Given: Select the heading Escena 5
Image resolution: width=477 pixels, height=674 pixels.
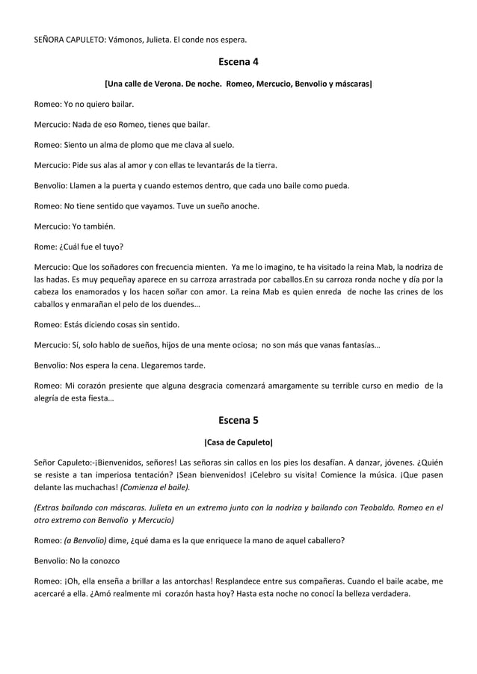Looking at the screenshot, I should pyautogui.click(x=238, y=420).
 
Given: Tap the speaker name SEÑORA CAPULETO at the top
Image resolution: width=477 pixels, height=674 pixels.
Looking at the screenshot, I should pyautogui.click(x=70, y=39).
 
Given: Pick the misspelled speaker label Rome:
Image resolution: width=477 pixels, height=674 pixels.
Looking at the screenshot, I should pyautogui.click(x=47, y=246).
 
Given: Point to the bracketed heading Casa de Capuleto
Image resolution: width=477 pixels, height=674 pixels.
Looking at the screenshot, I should pyautogui.click(x=238, y=442).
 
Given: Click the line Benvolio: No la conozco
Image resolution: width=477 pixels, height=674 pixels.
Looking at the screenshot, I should pyautogui.click(x=78, y=560).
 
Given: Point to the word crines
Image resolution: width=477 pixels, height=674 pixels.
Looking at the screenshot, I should pyautogui.click(x=416, y=292).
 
